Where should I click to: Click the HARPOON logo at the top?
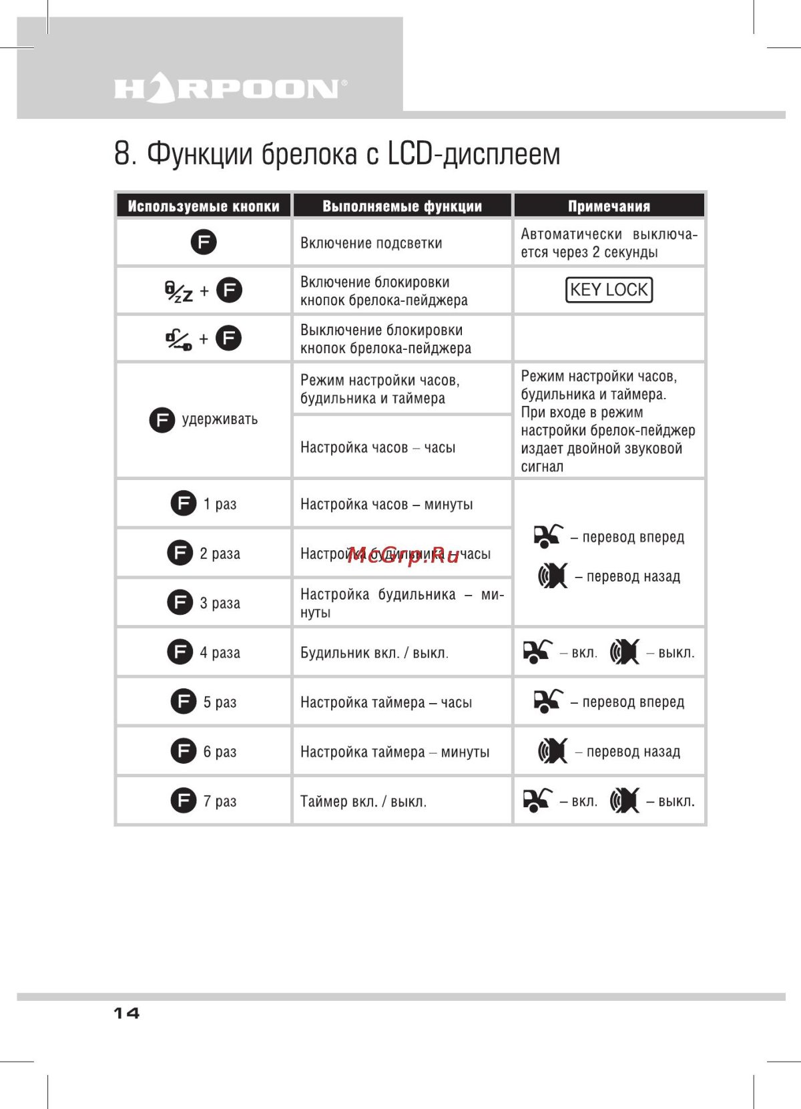(230, 89)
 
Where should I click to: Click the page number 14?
(126, 1013)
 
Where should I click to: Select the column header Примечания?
(609, 206)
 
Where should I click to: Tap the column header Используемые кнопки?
(204, 206)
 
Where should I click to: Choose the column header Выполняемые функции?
(402, 206)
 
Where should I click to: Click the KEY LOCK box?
(609, 290)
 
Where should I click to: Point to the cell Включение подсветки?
(371, 243)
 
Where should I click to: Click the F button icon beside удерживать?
(162, 420)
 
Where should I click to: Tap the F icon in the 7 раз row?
(183, 800)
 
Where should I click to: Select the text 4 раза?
(220, 652)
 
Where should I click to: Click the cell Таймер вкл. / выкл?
(363, 801)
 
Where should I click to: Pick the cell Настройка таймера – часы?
(386, 702)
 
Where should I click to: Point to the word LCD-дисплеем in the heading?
(474, 154)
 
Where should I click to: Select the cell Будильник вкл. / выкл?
(374, 653)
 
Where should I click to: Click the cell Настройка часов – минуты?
(386, 504)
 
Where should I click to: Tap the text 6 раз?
(220, 752)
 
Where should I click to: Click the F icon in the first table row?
(204, 242)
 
